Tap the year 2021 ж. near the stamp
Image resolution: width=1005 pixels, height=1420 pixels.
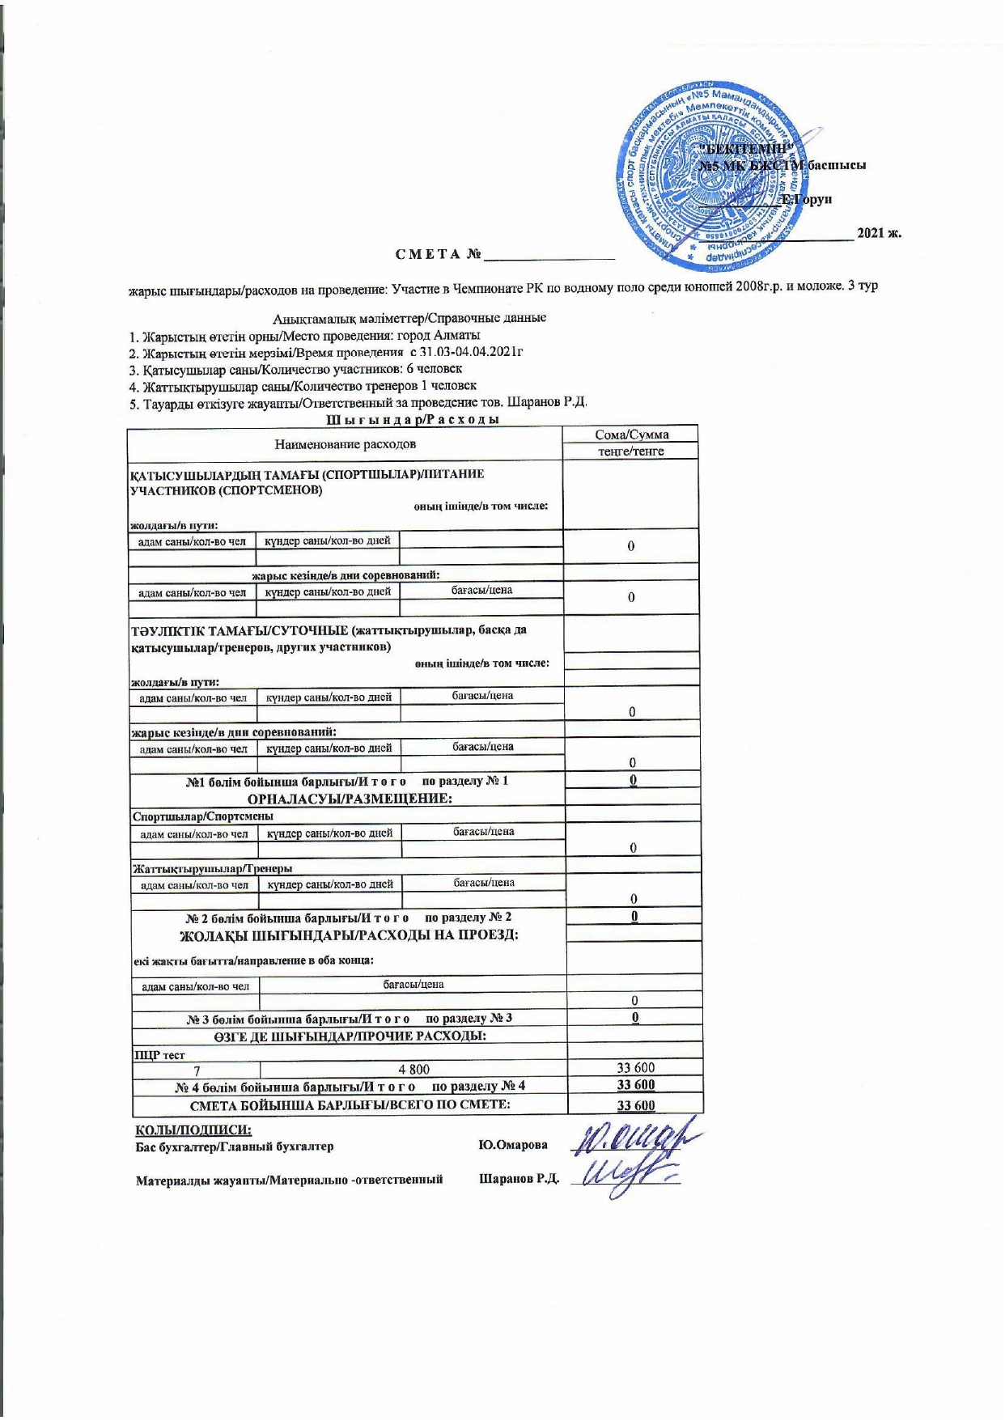tap(879, 234)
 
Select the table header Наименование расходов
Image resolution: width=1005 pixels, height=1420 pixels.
tap(346, 443)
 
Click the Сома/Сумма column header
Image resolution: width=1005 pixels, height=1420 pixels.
tap(631, 434)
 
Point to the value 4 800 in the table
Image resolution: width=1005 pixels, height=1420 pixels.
tap(413, 1069)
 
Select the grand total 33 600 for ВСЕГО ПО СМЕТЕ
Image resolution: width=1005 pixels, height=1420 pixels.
tap(635, 1105)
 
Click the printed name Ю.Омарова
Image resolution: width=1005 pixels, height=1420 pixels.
tap(512, 1145)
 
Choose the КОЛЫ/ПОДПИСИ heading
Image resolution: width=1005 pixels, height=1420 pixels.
tap(193, 1130)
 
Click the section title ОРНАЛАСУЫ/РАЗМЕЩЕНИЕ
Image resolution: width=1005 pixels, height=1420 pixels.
tap(349, 799)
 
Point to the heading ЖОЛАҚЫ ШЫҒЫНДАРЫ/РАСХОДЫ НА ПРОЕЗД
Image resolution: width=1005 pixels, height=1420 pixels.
tap(349, 935)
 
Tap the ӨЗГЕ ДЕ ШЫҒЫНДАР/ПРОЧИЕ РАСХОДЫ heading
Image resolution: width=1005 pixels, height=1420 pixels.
tap(350, 1036)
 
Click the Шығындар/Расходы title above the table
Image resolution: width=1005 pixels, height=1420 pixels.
tap(411, 419)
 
